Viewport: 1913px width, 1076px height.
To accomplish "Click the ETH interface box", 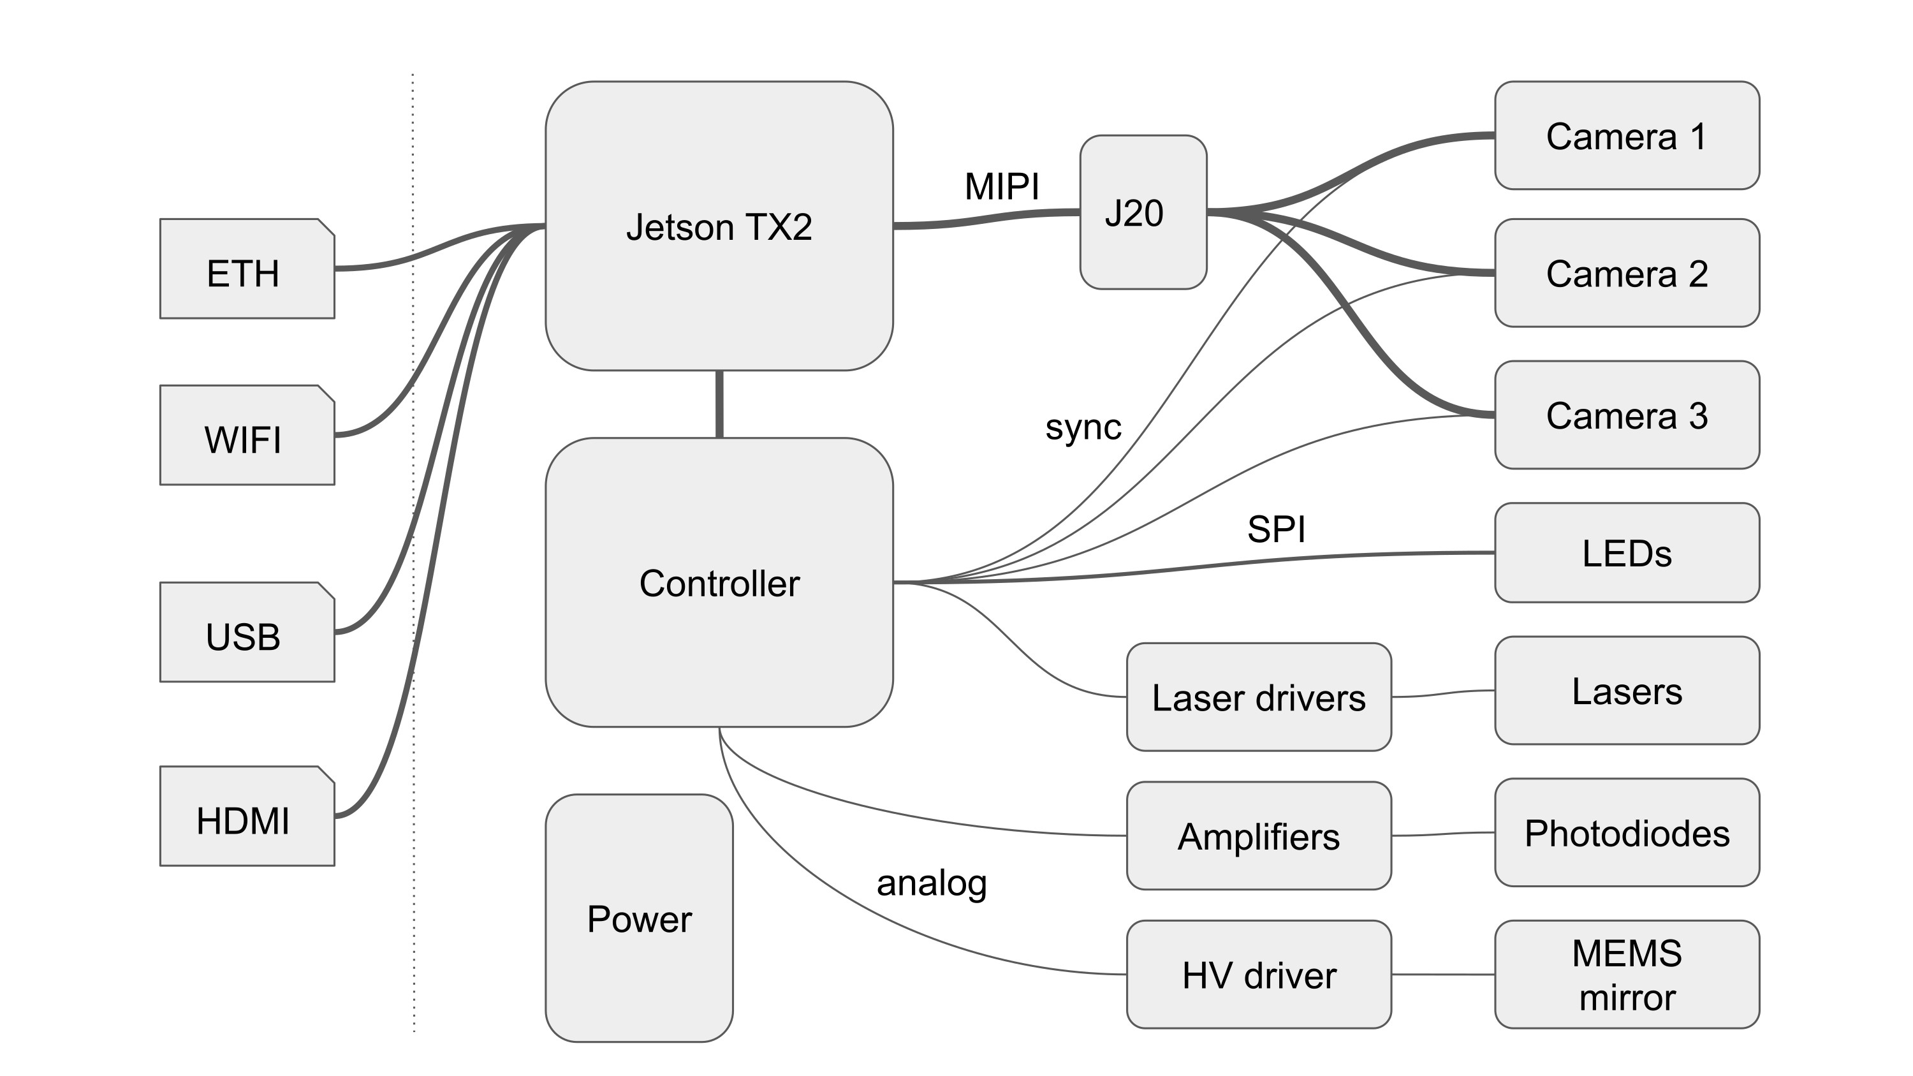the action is tap(247, 269).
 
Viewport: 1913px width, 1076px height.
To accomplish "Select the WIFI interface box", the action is tap(247, 435).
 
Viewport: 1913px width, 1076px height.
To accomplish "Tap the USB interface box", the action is tap(247, 632).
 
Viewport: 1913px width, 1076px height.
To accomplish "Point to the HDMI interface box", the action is tap(247, 816).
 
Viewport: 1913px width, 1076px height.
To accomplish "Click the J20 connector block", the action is tap(1143, 212).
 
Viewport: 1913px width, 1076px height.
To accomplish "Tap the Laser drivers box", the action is tap(1259, 697).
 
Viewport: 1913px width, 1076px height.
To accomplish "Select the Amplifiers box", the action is tap(1259, 836).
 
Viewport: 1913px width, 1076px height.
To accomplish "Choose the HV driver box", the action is tap(1259, 974).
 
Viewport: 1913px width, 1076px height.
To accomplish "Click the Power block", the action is tap(640, 918).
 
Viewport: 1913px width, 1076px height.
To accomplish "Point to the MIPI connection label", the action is tap(1002, 186).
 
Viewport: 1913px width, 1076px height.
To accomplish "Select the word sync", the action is tap(1083, 427).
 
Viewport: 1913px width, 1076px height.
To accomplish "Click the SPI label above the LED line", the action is tap(1276, 529).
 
